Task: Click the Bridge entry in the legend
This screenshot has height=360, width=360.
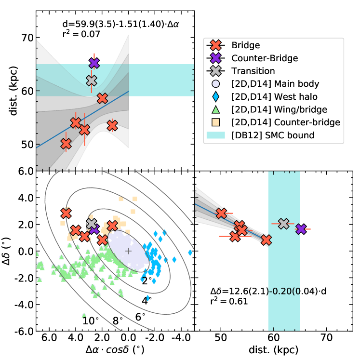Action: click(x=245, y=45)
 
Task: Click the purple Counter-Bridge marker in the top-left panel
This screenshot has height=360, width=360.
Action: click(x=94, y=63)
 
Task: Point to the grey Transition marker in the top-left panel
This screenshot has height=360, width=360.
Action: click(x=92, y=80)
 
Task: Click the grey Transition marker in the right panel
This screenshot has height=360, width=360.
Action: click(x=284, y=224)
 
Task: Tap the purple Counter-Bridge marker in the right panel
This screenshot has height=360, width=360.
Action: click(x=301, y=229)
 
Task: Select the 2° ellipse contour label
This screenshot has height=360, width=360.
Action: click(x=147, y=280)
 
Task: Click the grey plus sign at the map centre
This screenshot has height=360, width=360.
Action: click(x=128, y=251)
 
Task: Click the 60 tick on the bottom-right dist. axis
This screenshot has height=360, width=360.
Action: click(x=274, y=338)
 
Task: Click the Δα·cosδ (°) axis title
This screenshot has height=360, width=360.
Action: click(x=115, y=349)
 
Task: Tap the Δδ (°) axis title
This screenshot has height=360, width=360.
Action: click(x=8, y=251)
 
